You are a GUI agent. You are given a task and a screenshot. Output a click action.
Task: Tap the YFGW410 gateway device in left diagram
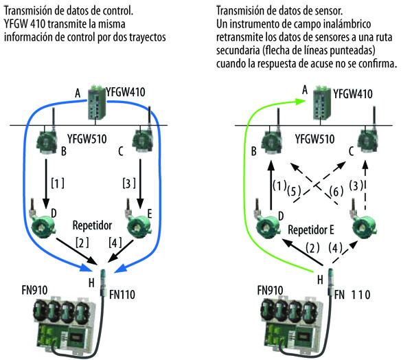(x=96, y=109)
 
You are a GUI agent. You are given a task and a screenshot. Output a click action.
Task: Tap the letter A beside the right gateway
(x=305, y=88)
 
